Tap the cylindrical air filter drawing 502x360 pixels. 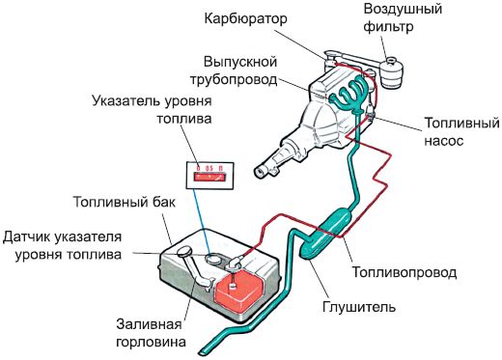[x=393, y=73]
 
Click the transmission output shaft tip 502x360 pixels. [x=258, y=172]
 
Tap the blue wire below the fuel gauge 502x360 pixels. [x=205, y=217]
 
